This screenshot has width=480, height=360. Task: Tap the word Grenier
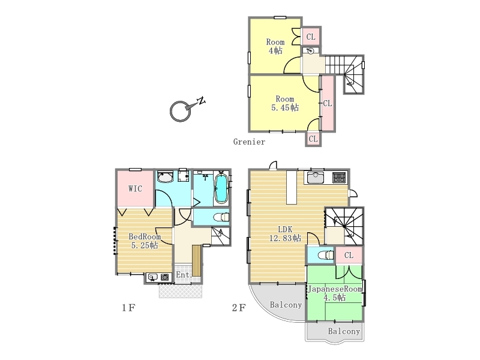pos(249,142)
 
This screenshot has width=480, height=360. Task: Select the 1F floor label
pos(128,307)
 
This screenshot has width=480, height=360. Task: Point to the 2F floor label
pos(239,307)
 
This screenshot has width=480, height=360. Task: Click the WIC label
pos(136,188)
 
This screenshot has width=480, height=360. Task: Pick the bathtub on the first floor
pos(221,188)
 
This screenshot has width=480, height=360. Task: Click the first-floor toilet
pos(221,217)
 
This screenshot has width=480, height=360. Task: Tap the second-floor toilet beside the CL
pos(326,254)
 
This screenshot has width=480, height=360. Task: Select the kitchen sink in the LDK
pos(316,178)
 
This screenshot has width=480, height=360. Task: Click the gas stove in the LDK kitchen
pos(339,178)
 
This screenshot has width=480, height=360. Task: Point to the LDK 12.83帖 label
pos(285,233)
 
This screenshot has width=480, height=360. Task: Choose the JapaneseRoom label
pos(335,289)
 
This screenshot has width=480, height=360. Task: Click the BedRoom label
pos(145,236)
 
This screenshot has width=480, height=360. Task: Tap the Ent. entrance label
pos(184,275)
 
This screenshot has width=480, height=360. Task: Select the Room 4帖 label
pos(275,46)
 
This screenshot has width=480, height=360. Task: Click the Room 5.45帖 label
pos(285,103)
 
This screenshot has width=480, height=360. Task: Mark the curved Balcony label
pos(286,305)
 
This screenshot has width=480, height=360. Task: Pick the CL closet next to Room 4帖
pos(311,37)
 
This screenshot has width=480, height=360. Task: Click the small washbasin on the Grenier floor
pos(311,51)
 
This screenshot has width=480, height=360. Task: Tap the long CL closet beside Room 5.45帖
pos(328,103)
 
